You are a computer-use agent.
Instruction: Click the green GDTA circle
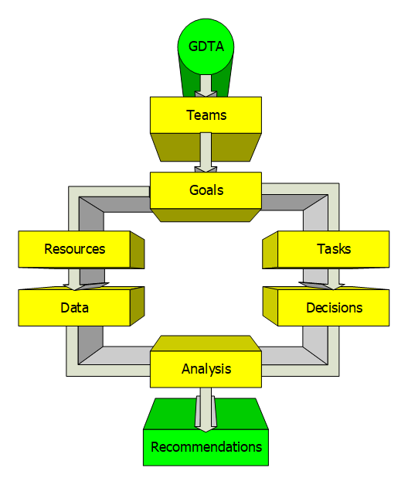tap(206, 46)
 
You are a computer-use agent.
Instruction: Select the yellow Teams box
tap(206, 115)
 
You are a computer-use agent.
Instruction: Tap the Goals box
tap(206, 190)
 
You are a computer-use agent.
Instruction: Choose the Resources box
tap(74, 249)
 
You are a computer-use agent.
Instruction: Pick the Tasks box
tap(334, 249)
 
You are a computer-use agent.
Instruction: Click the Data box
tap(74, 308)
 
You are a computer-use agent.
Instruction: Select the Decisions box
tap(334, 308)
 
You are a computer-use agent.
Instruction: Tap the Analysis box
tap(206, 369)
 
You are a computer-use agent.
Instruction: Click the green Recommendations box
tap(206, 447)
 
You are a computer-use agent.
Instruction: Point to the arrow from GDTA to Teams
tap(206, 86)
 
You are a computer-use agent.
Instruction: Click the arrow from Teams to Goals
tap(206, 152)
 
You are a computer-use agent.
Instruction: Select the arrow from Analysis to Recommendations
tap(206, 409)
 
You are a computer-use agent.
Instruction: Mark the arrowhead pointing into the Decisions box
tap(322, 286)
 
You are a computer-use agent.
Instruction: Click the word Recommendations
tap(206, 447)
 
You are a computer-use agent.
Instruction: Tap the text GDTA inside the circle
tap(206, 46)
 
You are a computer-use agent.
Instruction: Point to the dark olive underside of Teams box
tap(206, 147)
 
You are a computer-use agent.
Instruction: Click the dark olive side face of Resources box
tap(138, 250)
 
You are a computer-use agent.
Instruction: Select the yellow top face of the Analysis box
tap(206, 343)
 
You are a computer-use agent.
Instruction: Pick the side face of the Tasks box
tap(270, 250)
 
